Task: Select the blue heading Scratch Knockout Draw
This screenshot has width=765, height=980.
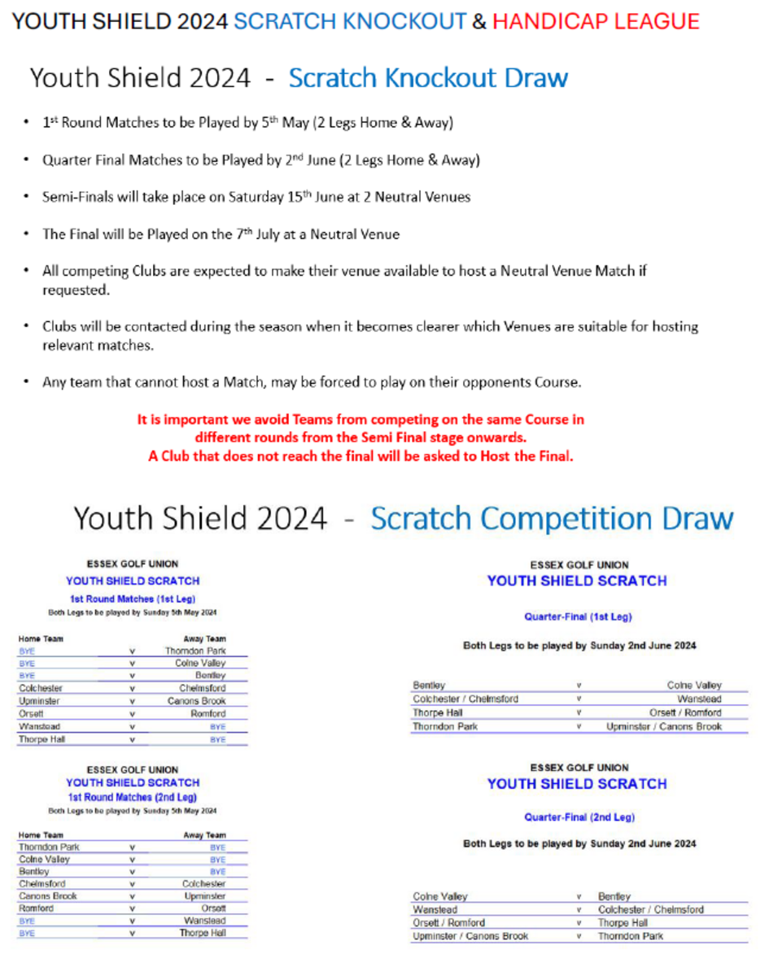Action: pyautogui.click(x=427, y=78)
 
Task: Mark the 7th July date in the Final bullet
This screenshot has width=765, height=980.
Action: pyautogui.click(x=261, y=234)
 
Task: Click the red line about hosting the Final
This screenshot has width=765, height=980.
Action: pyautogui.click(x=361, y=456)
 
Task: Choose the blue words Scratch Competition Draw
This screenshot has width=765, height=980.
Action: pyautogui.click(x=551, y=519)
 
